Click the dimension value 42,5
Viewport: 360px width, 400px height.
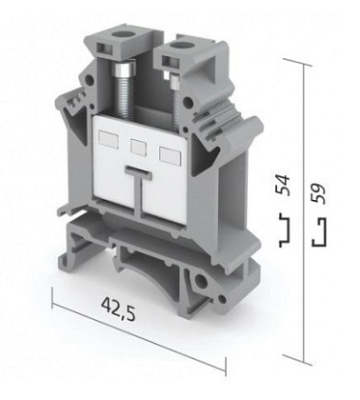pyautogui.click(x=118, y=309)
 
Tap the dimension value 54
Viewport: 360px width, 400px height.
pyautogui.click(x=283, y=185)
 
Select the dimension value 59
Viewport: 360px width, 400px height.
pyautogui.click(x=318, y=193)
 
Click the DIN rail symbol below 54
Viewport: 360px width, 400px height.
pyautogui.click(x=285, y=230)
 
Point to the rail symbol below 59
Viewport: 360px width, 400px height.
pyautogui.click(x=319, y=232)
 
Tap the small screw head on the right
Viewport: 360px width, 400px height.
pyautogui.click(x=175, y=80)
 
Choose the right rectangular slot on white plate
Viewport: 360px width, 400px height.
pyautogui.click(x=170, y=155)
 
